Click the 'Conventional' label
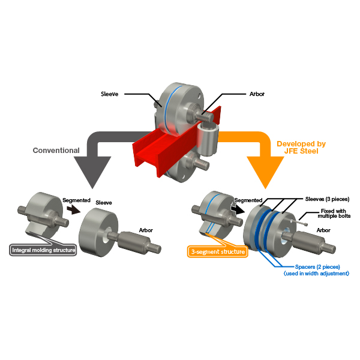tap(56, 151)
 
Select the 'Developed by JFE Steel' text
tap(301, 148)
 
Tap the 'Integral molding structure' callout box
tap(43, 250)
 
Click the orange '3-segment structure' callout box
tap(218, 251)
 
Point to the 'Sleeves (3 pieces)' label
tap(327, 199)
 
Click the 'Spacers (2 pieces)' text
tap(317, 267)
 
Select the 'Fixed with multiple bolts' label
tap(334, 213)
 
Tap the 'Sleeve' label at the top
tap(110, 94)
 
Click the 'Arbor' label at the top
tap(257, 94)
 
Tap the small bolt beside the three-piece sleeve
tap(299, 223)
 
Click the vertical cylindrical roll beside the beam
tap(208, 139)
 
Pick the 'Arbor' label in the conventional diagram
tap(146, 230)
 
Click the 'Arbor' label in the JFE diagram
tap(323, 230)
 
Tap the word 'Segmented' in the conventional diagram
tap(76, 200)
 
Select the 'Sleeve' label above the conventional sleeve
tap(104, 203)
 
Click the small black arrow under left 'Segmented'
tap(73, 209)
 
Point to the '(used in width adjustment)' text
tap(317, 274)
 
